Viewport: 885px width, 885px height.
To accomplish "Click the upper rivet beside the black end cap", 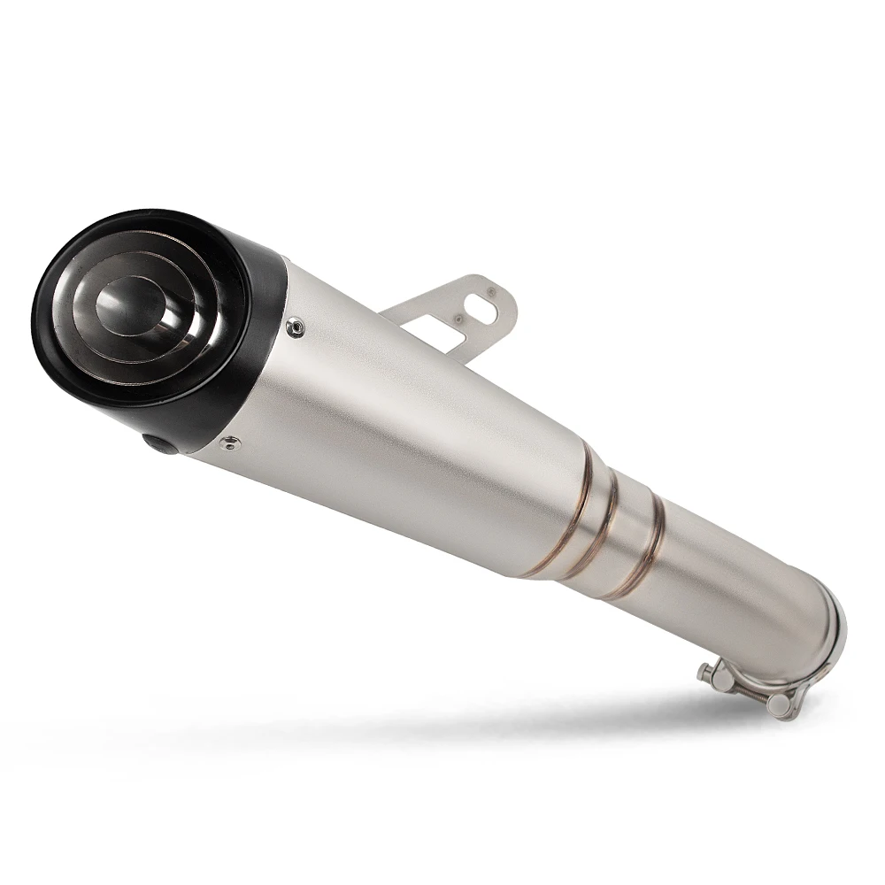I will [x=295, y=327].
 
